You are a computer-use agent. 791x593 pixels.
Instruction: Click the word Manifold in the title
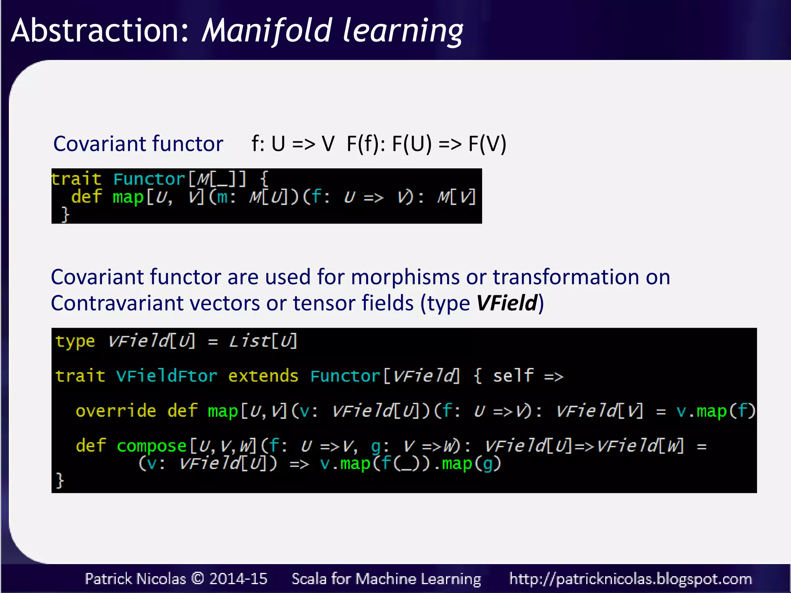pos(266,31)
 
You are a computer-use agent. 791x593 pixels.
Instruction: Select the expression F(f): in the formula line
pos(365,144)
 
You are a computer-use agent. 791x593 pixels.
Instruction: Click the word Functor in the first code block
pos(149,179)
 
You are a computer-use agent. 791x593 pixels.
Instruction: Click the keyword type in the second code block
pos(75,341)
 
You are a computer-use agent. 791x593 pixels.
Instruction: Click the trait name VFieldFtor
pos(166,376)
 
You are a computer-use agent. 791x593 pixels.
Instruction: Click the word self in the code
pos(513,376)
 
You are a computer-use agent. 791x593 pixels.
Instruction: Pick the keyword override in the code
pos(116,411)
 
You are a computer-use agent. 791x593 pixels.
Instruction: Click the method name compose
pos(152,446)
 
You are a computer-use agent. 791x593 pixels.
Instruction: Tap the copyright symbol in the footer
pos(198,579)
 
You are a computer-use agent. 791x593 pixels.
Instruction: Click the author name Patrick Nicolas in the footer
pos(135,579)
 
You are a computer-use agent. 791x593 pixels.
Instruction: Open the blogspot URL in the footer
pos(630,579)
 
